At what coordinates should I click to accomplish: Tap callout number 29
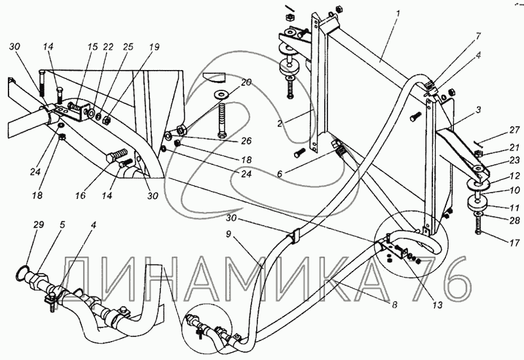[x=39, y=225]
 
